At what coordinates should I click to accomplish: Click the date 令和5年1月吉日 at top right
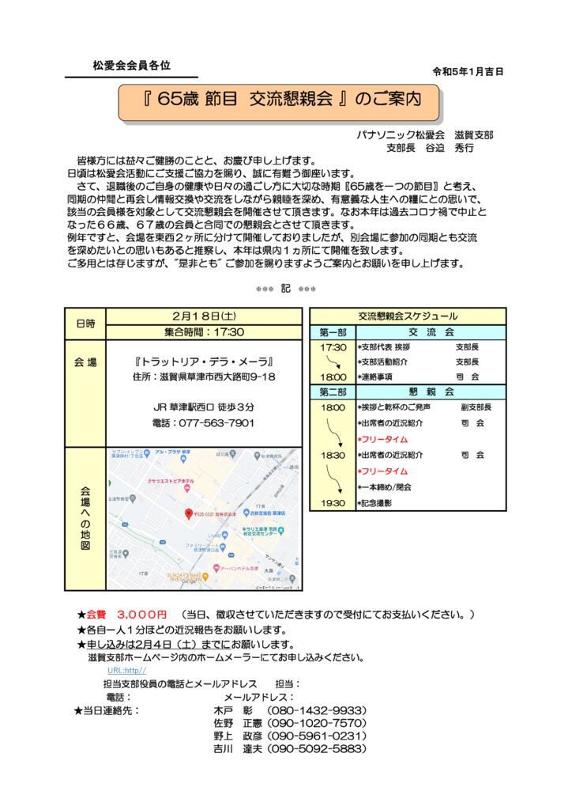tap(468, 71)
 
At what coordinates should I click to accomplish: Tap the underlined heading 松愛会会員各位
tap(131, 66)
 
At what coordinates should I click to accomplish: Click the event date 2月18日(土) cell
tap(204, 316)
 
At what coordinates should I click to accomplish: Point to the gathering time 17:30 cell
tap(204, 332)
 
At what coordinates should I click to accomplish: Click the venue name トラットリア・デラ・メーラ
tap(204, 361)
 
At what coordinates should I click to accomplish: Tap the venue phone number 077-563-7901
tap(214, 423)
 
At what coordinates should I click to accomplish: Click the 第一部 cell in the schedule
tap(333, 333)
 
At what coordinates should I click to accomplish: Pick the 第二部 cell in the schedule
tap(333, 392)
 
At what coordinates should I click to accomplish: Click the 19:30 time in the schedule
tap(333, 503)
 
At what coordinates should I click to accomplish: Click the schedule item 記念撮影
tap(380, 503)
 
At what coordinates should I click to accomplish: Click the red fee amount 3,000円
tap(141, 614)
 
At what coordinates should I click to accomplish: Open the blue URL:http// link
tap(127, 671)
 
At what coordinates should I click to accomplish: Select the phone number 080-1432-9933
tap(316, 710)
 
